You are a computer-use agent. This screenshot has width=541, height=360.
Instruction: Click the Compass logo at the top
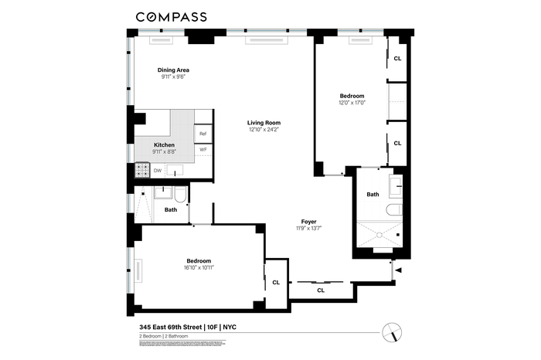[x=171, y=17]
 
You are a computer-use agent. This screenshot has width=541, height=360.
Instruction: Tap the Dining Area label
[x=173, y=70]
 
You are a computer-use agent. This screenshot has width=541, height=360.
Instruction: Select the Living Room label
[x=264, y=123]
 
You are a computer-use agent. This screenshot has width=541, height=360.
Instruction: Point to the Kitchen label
[x=164, y=144]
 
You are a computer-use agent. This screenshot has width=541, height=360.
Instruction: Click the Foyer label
[x=309, y=222]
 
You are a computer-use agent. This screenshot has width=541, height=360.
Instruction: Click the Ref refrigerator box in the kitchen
[x=203, y=134]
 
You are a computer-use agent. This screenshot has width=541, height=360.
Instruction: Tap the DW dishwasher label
[x=158, y=171]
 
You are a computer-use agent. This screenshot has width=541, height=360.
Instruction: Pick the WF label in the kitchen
[x=203, y=150]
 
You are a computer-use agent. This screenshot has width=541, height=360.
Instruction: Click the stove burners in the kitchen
[x=142, y=170]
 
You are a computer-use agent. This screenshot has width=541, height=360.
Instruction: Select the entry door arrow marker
[x=399, y=270]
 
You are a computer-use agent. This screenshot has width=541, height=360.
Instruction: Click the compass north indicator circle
[x=392, y=333]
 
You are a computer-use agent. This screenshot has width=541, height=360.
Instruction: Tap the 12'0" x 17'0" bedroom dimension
[x=352, y=103]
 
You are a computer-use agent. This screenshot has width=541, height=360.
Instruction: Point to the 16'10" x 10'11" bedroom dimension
[x=199, y=267]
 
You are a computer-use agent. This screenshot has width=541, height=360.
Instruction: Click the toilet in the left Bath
[x=180, y=195]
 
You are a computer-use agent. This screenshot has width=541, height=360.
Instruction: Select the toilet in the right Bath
[x=394, y=209]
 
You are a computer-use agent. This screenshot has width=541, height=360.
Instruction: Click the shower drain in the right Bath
[x=379, y=235]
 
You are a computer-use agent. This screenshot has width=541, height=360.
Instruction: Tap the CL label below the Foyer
[x=321, y=290]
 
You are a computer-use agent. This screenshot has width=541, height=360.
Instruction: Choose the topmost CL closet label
[x=397, y=59]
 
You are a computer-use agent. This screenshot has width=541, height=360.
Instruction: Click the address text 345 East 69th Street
[x=171, y=327]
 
